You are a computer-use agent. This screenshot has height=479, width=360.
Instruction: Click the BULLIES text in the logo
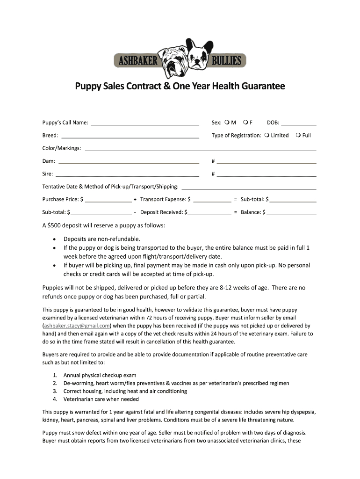point(227,60)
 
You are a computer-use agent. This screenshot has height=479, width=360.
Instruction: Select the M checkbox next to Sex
point(227,123)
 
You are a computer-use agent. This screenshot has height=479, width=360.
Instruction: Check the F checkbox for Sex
point(245,123)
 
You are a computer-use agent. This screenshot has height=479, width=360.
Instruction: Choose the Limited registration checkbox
point(266,135)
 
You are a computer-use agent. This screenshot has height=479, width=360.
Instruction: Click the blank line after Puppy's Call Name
point(144,123)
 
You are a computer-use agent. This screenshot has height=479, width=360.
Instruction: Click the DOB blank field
point(299,123)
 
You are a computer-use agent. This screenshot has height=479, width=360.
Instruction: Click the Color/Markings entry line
point(200,149)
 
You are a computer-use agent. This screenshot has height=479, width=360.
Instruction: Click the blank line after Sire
point(128,174)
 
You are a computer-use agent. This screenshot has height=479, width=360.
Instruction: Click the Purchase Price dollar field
point(108,200)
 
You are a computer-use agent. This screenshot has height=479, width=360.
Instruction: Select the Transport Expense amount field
point(212,200)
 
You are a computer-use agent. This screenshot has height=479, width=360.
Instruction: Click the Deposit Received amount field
point(209,213)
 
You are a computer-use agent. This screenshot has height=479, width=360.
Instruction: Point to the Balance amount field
point(291,213)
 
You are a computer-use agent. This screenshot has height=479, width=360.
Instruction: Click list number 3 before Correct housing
point(55,391)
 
